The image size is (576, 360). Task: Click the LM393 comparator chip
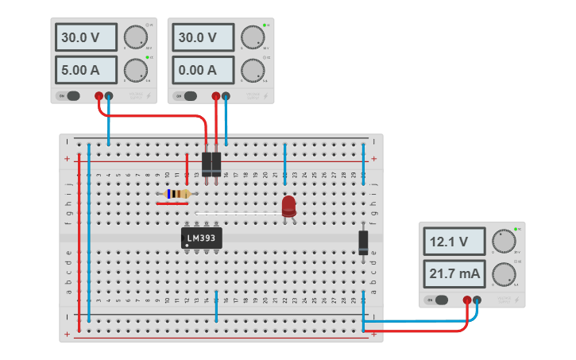[202, 238]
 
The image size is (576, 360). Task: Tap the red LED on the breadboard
[288, 207]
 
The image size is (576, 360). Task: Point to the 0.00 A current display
[203, 70]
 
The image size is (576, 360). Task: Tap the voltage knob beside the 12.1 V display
[502, 241]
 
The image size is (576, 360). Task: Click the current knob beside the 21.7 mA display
[502, 274]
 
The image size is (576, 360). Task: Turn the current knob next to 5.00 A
[135, 70]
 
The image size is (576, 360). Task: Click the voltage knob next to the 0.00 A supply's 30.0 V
[252, 37]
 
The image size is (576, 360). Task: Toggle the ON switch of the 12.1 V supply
[438, 300]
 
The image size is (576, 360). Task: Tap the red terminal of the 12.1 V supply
[467, 300]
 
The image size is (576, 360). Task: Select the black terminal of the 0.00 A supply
[226, 96]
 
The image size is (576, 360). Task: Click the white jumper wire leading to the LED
[238, 213]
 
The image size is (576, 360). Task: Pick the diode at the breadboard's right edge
[363, 242]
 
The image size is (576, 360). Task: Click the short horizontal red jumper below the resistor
[172, 203]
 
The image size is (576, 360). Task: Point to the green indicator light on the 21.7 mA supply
[516, 229]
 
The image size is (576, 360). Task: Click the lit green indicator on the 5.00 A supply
[149, 58]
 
